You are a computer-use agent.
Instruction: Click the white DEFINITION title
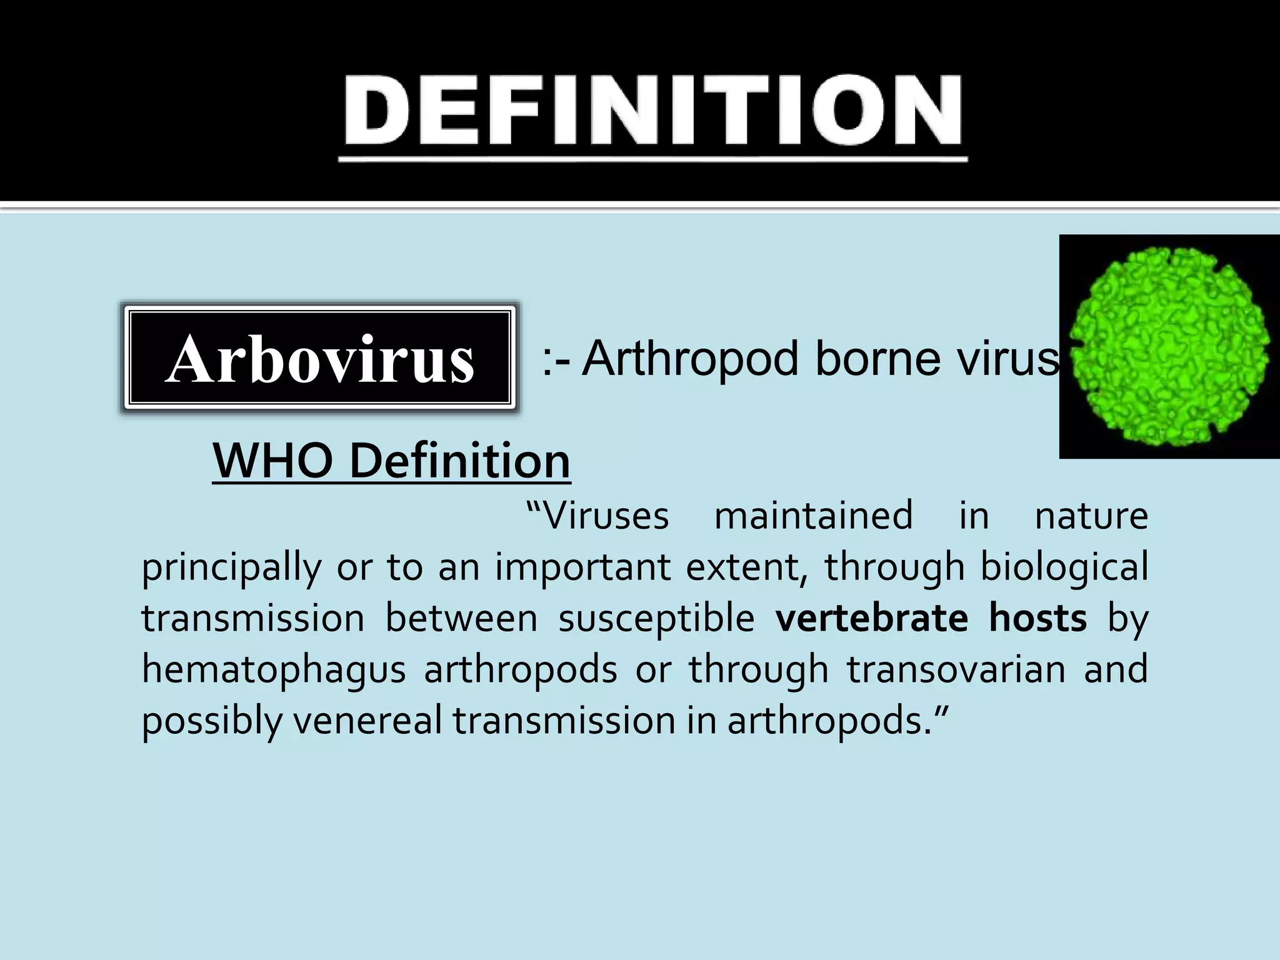pos(652,111)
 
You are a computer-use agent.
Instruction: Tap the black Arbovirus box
pos(319,358)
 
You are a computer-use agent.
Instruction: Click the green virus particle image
pos(1169,347)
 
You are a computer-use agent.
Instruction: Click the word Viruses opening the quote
pos(598,516)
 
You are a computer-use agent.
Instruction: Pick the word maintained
pos(813,516)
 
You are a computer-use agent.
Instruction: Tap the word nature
pos(1091,516)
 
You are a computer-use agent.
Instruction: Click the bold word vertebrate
pos(872,619)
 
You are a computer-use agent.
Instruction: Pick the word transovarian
pos(956,670)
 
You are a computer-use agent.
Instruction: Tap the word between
pos(461,619)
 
